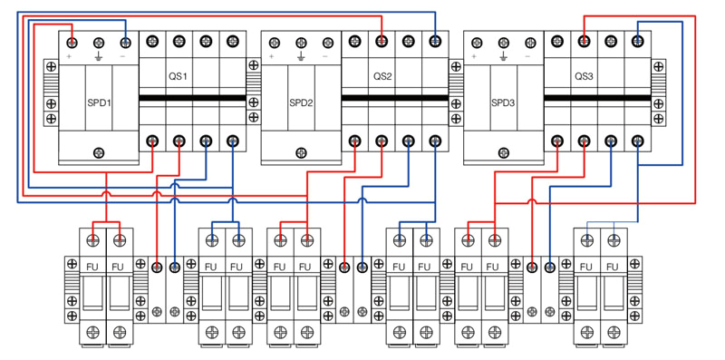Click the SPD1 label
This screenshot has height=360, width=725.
click(99, 103)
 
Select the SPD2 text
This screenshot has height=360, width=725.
click(301, 103)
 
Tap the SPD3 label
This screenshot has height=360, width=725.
click(503, 103)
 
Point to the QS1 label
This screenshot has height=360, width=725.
click(178, 77)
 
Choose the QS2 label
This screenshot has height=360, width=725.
click(382, 77)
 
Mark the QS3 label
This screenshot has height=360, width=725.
click(584, 77)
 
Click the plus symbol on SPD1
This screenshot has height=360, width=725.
click(70, 57)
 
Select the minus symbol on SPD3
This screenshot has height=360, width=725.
click(528, 57)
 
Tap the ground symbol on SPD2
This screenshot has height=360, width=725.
click(300, 57)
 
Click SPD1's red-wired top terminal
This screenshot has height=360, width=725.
click(72, 42)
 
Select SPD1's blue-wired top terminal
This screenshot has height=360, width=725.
click(125, 42)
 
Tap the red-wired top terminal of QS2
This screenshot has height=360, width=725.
click(382, 41)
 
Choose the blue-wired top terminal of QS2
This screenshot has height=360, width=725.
click(436, 41)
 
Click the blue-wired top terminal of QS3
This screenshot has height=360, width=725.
click(638, 41)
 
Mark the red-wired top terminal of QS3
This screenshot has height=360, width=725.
click(585, 41)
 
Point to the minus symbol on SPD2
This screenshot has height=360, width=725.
click(326, 57)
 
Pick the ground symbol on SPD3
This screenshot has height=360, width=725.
click(502, 57)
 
